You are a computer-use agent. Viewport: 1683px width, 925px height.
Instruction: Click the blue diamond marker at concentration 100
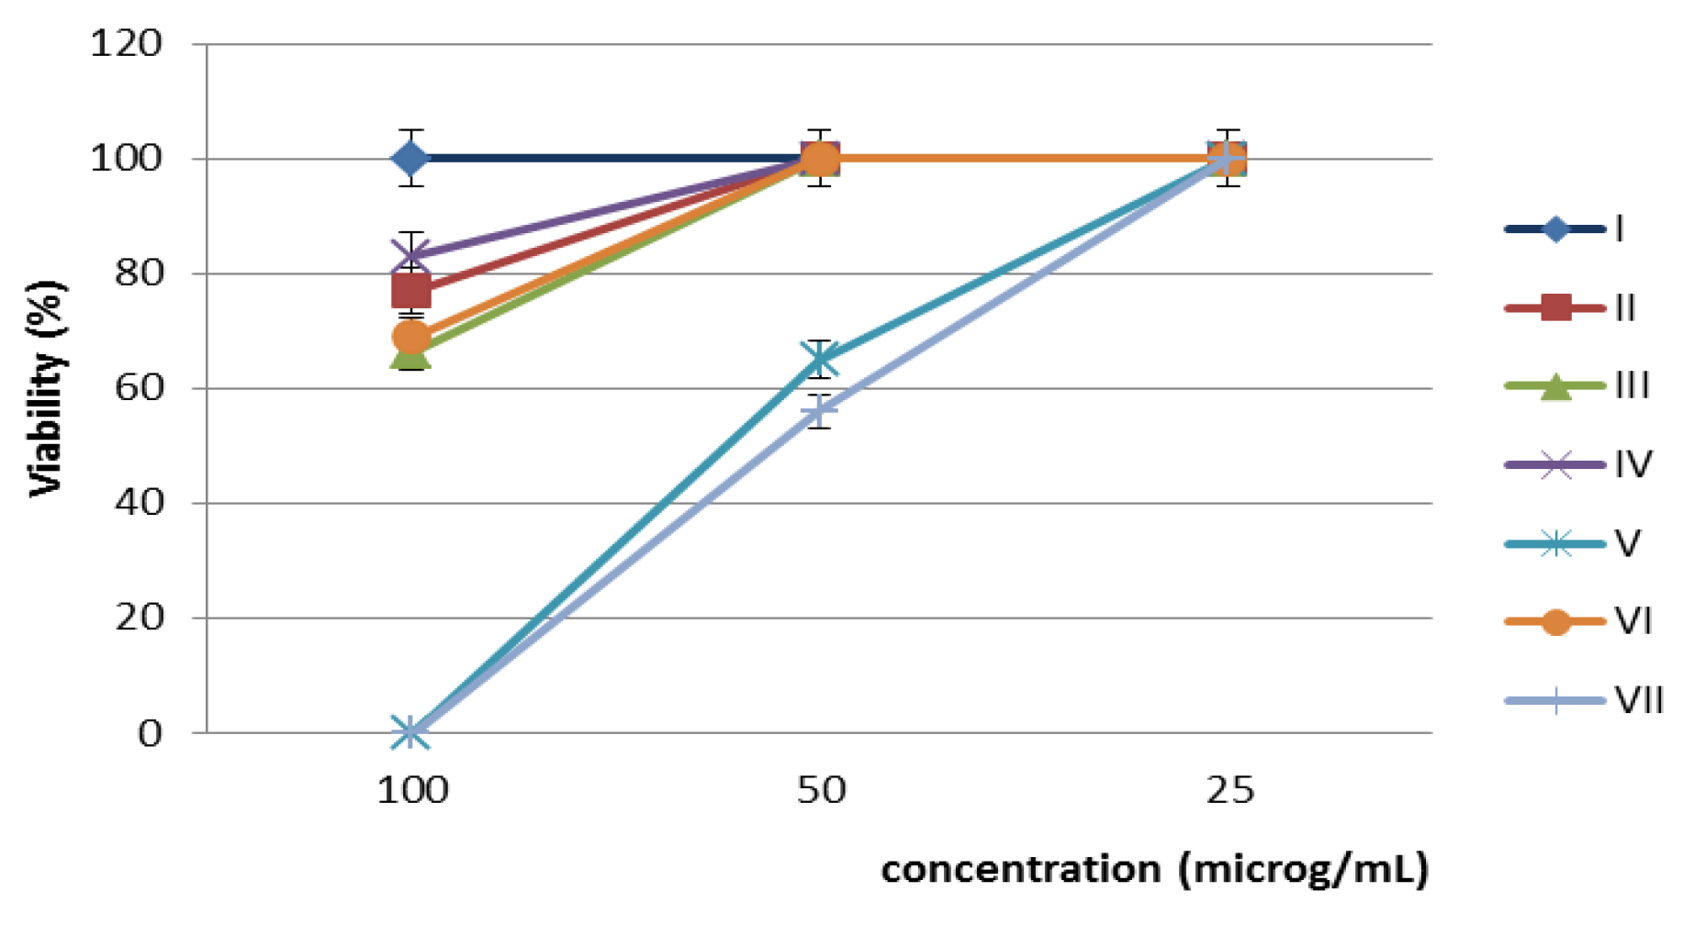pos(410,159)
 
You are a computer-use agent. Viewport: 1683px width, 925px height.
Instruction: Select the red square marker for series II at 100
pos(410,292)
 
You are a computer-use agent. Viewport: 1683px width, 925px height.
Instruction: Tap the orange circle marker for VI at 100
pos(410,337)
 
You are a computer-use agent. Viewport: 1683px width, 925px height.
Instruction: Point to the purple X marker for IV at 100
pos(410,256)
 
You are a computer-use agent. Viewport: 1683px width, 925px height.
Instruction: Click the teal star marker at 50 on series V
pos(819,360)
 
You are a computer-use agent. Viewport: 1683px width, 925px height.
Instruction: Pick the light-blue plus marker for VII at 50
pos(819,411)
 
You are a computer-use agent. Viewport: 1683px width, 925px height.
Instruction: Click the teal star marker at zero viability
pos(410,732)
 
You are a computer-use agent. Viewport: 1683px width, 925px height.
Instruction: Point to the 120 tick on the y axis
pos(126,43)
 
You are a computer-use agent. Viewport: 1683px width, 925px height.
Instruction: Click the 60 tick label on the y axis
pos(137,388)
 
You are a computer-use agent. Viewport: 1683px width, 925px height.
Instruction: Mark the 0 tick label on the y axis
pos(150,733)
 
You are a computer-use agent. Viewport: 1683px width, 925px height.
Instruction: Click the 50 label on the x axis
pos(820,790)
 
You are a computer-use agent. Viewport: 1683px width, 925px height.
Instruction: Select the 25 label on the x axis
pos(1229,790)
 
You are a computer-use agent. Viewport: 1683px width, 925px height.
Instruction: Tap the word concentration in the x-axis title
pos(1019,869)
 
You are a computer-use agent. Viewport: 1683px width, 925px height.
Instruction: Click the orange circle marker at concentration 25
pos(1229,159)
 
